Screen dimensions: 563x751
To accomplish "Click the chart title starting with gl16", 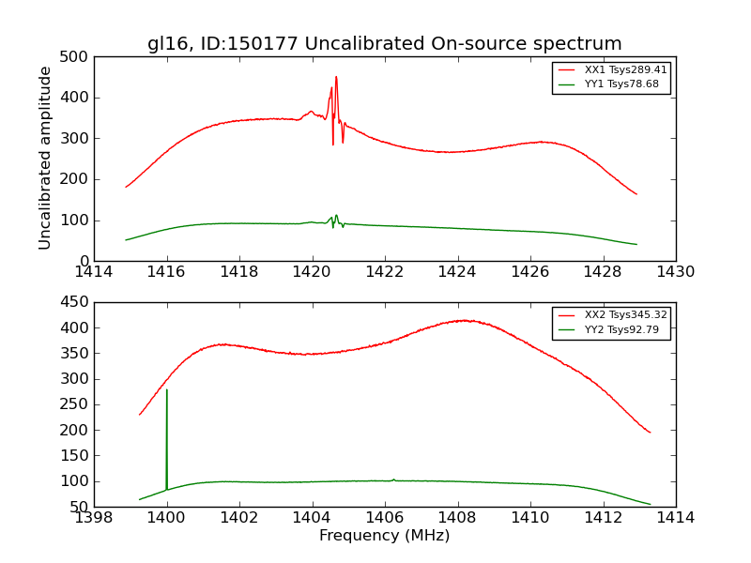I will coord(384,43).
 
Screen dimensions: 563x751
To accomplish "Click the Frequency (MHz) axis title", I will coord(384,536).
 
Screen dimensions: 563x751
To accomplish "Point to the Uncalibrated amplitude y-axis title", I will coord(45,158).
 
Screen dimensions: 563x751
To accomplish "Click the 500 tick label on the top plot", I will coord(78,57).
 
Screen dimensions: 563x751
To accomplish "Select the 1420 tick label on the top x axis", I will coord(312,272).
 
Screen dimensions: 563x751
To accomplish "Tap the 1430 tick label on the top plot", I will coord(675,272).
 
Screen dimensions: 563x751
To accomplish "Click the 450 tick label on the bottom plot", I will coord(78,302).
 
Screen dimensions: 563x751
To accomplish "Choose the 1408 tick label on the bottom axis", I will coord(457,517).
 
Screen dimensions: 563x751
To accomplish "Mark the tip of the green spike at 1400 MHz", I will coord(167,389).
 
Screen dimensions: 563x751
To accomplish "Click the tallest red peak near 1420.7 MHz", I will coord(336,77).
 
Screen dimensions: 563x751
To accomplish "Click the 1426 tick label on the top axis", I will coord(529,272).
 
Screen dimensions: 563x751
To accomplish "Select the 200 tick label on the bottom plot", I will coord(78,430).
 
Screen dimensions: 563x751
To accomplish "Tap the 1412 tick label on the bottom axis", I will coord(603,517).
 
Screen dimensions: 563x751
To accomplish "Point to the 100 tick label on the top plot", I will coord(78,221).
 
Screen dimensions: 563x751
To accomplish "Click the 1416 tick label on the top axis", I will coord(167,272).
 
